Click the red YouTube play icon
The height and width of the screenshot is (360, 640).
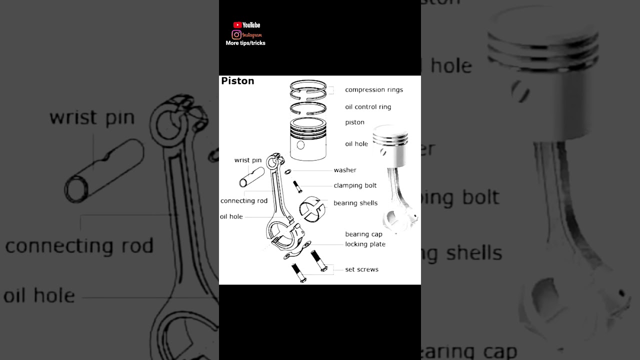pyautogui.click(x=237, y=25)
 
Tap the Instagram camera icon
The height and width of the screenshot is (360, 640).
pyautogui.click(x=236, y=34)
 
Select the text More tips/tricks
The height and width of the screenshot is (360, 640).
pyautogui.click(x=245, y=43)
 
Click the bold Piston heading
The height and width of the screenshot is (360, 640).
pyautogui.click(x=237, y=81)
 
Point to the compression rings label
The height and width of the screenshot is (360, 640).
pyautogui.click(x=373, y=90)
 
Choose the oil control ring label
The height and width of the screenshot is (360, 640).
pyautogui.click(x=368, y=107)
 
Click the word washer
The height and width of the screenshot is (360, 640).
pyautogui.click(x=345, y=170)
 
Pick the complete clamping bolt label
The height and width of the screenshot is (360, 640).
pyautogui.click(x=355, y=185)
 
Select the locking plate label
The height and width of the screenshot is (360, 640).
pyautogui.click(x=365, y=244)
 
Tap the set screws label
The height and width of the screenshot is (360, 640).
pyautogui.click(x=361, y=269)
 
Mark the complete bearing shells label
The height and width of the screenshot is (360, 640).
pyautogui.click(x=355, y=203)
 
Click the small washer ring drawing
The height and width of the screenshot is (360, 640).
pyautogui.click(x=288, y=172)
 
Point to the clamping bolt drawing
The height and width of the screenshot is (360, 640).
pyautogui.click(x=297, y=186)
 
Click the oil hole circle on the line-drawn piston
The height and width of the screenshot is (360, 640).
pyautogui.click(x=300, y=145)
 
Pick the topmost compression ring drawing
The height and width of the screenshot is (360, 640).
pyautogui.click(x=308, y=85)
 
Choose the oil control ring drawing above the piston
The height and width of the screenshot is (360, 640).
pyautogui.click(x=308, y=107)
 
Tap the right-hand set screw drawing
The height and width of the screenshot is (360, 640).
pyautogui.click(x=319, y=261)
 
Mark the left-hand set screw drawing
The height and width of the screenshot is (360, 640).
pyautogui.click(x=298, y=273)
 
